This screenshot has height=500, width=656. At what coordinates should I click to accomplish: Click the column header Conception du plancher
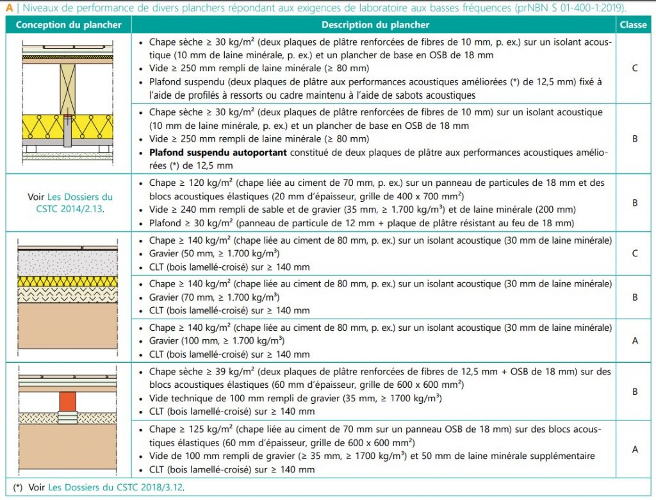[x=69, y=25]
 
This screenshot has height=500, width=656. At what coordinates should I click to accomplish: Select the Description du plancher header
[x=375, y=25]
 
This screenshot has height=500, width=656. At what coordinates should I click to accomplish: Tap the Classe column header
[x=634, y=25]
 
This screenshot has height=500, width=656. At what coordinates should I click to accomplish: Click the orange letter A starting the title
[x=9, y=8]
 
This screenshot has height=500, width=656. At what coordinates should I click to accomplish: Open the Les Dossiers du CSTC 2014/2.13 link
[x=70, y=203]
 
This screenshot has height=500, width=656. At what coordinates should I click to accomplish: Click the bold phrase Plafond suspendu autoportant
[x=218, y=153]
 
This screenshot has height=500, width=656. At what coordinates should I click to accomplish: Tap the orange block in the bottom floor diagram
[x=67, y=400]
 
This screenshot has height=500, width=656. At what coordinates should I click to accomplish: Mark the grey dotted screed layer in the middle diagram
[x=67, y=263]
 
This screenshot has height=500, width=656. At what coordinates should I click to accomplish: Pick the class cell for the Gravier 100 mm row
[x=634, y=340]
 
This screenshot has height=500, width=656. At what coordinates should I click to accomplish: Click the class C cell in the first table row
[x=634, y=68]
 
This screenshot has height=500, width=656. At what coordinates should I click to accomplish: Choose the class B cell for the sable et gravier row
[x=634, y=203]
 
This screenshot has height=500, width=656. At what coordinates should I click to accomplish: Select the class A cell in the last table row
[x=634, y=449]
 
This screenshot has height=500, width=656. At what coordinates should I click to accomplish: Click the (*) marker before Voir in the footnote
[x=18, y=488]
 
